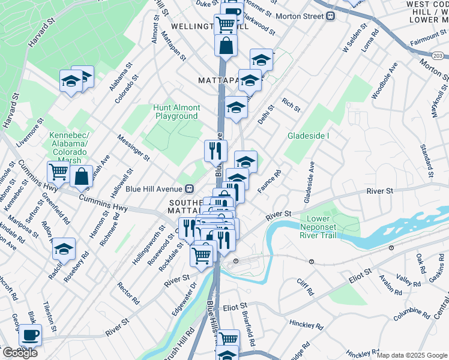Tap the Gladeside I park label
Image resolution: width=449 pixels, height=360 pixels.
(309, 136)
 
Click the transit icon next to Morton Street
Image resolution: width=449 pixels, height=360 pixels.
(330, 17)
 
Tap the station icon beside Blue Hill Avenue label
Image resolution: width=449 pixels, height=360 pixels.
(189, 188)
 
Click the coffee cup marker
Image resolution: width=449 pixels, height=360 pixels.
(30, 335)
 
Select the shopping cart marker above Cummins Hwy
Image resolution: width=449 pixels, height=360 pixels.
(58, 172)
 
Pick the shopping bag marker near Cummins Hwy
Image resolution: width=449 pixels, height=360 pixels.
(81, 176)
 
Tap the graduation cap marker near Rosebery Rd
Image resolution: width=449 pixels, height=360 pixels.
(64, 249)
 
